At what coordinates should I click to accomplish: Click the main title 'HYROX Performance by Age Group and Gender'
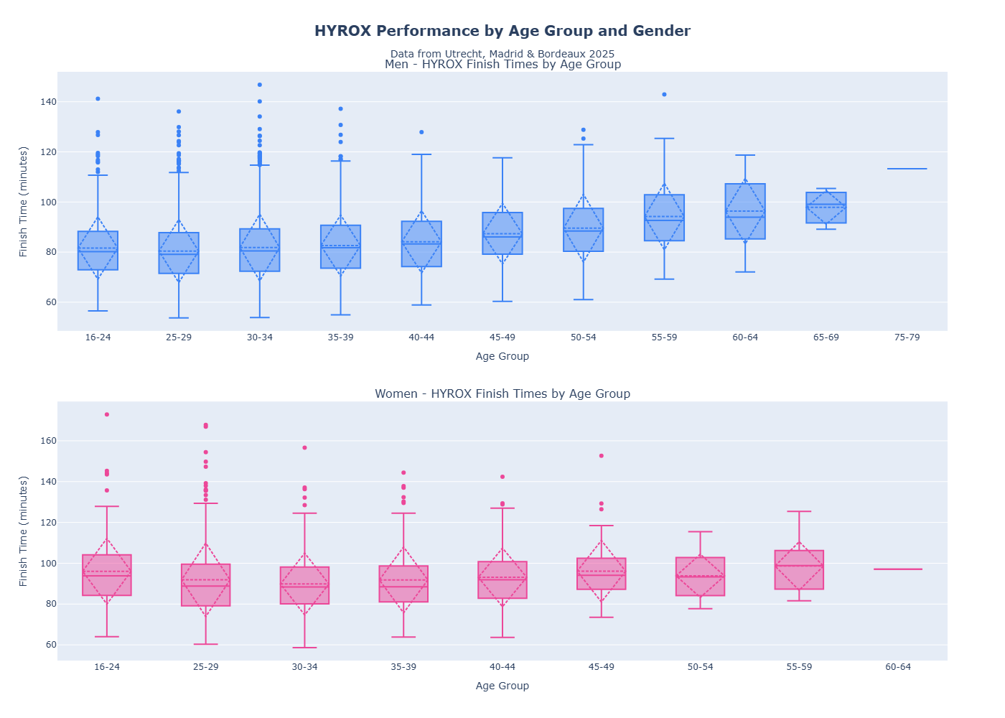click(502, 31)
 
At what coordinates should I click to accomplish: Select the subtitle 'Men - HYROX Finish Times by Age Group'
click(502, 65)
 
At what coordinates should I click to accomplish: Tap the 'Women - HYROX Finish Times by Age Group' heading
click(502, 394)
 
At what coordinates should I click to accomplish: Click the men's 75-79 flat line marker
click(907, 169)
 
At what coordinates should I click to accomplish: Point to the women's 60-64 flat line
click(897, 569)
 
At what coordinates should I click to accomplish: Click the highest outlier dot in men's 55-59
click(664, 95)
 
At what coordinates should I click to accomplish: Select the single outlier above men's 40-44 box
click(421, 132)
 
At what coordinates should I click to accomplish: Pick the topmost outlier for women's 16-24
click(107, 414)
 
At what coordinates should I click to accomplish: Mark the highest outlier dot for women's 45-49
click(602, 456)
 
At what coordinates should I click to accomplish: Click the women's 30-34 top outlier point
click(304, 448)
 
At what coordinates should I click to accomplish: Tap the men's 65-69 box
click(826, 208)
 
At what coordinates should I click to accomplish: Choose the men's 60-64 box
click(745, 212)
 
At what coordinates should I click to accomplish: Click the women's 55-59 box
click(799, 570)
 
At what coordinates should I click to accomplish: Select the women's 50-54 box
click(700, 577)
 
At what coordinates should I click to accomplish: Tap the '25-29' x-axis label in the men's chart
click(179, 337)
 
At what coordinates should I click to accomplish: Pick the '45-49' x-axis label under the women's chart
click(602, 667)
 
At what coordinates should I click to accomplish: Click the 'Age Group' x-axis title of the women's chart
click(502, 686)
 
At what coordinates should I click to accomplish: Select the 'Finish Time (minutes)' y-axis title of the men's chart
click(24, 202)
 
